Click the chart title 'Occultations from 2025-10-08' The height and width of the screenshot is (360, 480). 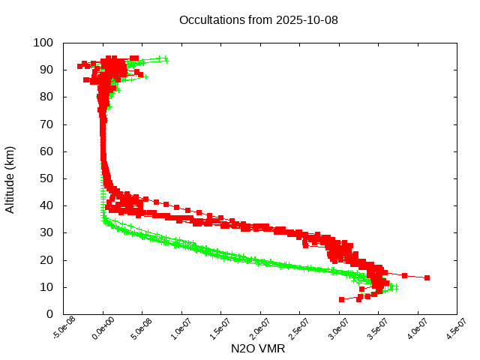tap(258, 19)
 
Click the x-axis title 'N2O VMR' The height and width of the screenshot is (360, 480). tap(258, 348)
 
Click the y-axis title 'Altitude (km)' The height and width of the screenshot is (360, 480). tap(10, 178)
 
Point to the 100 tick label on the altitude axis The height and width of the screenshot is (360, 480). tap(43, 43)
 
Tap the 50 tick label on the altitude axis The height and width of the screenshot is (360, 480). tap(46, 178)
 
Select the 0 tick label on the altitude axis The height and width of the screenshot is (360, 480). tap(49, 313)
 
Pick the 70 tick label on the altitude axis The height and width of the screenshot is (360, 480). tap(46, 124)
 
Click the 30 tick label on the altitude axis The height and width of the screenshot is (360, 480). tap(46, 232)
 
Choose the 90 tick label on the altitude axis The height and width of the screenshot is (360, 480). tap(46, 70)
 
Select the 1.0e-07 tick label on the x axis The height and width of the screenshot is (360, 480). tap(179, 328)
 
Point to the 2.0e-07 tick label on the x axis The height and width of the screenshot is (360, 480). tap(258, 328)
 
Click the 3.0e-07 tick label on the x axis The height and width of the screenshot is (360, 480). tap(337, 328)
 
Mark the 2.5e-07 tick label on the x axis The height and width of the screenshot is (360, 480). tap(297, 328)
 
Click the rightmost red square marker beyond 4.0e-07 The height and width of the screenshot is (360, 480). tap(427, 277)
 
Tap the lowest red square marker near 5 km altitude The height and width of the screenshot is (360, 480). tap(342, 299)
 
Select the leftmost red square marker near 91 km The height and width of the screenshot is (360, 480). tap(80, 66)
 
